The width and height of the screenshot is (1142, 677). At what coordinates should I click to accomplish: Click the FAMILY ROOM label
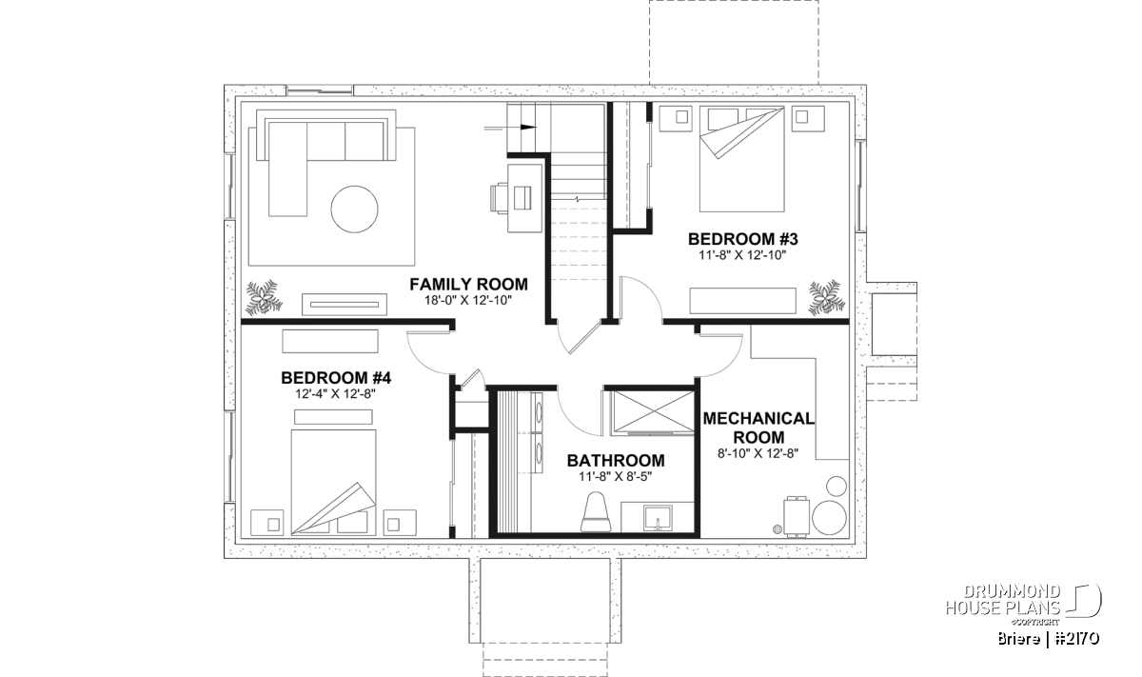tap(468, 284)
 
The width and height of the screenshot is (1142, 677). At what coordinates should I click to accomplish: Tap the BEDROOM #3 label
tap(742, 239)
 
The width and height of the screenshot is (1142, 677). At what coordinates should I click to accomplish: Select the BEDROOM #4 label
tap(336, 378)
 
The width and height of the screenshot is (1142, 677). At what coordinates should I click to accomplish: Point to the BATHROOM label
tap(616, 461)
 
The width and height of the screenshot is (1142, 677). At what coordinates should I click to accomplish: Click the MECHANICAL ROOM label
tap(758, 428)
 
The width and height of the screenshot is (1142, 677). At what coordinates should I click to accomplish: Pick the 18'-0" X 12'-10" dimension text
tap(468, 301)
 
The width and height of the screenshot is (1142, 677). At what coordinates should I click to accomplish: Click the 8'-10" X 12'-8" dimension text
tap(758, 453)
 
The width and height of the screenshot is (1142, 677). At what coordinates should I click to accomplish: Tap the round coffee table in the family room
tap(354, 209)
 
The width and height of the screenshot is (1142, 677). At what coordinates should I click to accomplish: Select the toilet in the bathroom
tap(596, 511)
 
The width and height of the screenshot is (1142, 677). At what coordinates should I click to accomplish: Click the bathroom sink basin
tap(658, 519)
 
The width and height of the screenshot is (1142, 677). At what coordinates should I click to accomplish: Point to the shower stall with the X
tap(653, 413)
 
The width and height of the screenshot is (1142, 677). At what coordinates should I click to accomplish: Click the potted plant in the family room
tap(264, 296)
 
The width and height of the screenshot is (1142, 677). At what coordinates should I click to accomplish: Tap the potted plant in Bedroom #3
tap(826, 296)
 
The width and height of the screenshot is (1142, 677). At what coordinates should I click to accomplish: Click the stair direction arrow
tap(510, 128)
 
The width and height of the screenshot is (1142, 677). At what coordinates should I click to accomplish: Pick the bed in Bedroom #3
tap(741, 159)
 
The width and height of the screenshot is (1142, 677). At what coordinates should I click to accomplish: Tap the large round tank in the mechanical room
tap(829, 518)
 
